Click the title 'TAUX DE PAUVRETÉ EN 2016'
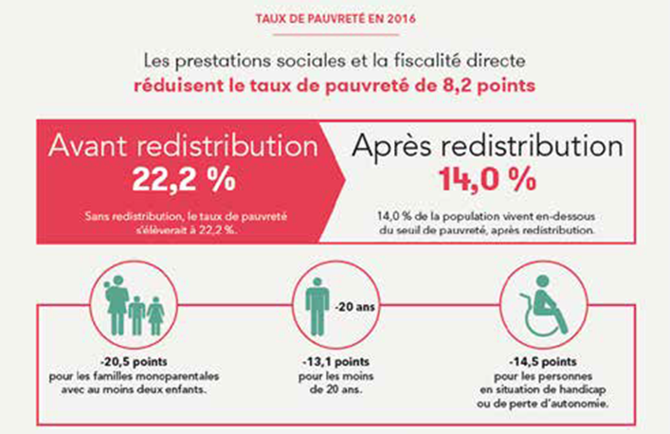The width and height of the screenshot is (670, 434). pyautogui.click(x=335, y=18)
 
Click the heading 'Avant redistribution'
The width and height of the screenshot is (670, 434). pyautogui.click(x=180, y=146)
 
